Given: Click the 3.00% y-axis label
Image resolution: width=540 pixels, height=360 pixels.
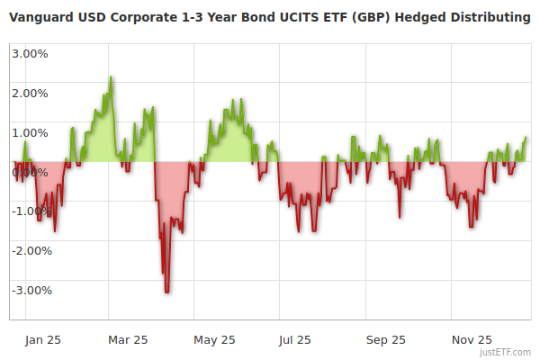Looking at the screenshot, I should pyautogui.click(x=31, y=53).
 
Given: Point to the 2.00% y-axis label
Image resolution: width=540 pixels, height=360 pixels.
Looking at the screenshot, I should pyautogui.click(x=31, y=93).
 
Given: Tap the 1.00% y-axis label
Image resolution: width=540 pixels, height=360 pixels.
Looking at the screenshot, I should pyautogui.click(x=31, y=132).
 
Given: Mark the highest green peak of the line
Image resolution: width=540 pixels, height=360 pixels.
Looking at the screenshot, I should pyautogui.click(x=111, y=77).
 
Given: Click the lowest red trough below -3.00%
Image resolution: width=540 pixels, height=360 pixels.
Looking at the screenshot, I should pyautogui.click(x=167, y=292).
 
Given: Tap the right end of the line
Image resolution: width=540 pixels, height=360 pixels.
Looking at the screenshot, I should pyautogui.click(x=526, y=138).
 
